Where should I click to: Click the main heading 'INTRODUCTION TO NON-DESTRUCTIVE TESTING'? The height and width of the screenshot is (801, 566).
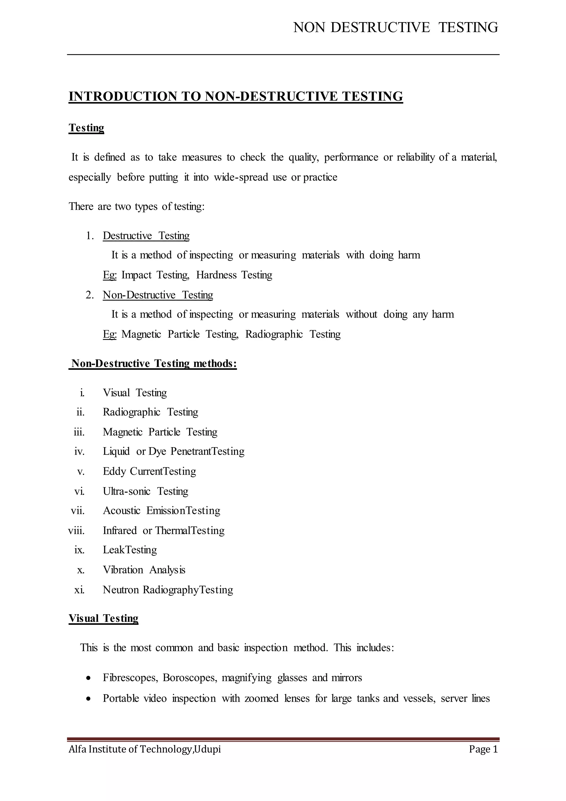tap(235, 96)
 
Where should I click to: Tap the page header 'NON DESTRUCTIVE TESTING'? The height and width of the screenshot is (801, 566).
tap(395, 27)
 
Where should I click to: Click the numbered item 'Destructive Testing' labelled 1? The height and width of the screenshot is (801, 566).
tap(146, 236)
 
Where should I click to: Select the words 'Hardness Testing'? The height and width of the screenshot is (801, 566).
tap(234, 275)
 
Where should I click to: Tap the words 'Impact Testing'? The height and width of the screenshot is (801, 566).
tap(155, 275)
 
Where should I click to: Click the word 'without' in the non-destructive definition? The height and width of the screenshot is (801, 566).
tap(361, 314)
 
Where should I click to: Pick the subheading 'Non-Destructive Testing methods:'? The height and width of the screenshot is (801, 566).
tap(153, 363)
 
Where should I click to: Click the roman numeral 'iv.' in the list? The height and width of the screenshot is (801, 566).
tap(80, 451)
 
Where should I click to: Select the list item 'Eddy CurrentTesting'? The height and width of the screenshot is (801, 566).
tap(149, 471)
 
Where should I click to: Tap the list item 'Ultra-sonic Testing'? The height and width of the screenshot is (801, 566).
tap(145, 491)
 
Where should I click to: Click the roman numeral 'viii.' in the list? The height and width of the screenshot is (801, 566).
tap(77, 530)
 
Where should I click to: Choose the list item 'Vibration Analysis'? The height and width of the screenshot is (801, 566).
tap(144, 570)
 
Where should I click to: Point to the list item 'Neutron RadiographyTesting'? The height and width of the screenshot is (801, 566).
tap(168, 590)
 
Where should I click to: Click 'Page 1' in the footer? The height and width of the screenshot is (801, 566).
tap(483, 749)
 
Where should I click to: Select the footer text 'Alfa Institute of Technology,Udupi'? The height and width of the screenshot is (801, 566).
tap(145, 749)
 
